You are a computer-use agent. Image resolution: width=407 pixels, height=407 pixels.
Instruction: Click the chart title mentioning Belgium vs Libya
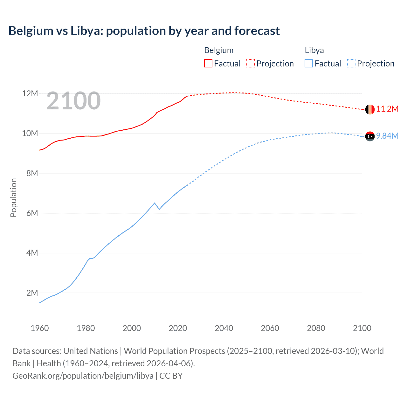pos(144,31)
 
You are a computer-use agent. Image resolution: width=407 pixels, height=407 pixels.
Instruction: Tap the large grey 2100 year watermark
pos(73,101)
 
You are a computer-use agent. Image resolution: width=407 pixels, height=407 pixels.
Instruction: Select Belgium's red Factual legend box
pos(208,63)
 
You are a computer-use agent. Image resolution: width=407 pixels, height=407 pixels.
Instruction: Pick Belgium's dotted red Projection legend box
pos(251,63)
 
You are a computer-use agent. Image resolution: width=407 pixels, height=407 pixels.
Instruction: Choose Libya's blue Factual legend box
pos(309,63)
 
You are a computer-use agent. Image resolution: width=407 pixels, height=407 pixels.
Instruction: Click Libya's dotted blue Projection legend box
pos(351,63)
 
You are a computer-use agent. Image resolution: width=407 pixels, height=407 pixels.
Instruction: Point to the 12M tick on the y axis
pos(30,93)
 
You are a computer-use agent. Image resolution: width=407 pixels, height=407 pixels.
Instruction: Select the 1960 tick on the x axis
pos(40,328)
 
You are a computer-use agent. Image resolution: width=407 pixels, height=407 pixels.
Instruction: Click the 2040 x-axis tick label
pos(224,328)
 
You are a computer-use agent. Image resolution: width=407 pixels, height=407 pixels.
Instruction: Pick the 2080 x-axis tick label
pos(316,328)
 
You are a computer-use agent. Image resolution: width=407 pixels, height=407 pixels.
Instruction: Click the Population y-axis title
pos(13,197)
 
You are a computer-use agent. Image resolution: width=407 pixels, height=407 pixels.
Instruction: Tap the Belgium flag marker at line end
pos(370,109)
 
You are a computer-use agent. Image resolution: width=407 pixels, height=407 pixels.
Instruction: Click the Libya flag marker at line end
pos(370,136)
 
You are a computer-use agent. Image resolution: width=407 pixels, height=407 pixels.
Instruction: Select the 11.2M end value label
pos(387,109)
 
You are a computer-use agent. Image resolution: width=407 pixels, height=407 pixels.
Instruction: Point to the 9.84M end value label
pos(387,136)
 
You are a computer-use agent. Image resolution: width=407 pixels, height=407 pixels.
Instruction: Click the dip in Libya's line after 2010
pos(159,209)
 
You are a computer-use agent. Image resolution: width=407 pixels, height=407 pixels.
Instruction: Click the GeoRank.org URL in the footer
pos(83,376)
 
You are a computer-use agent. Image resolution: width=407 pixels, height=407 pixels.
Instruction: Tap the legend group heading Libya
pos(314,50)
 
